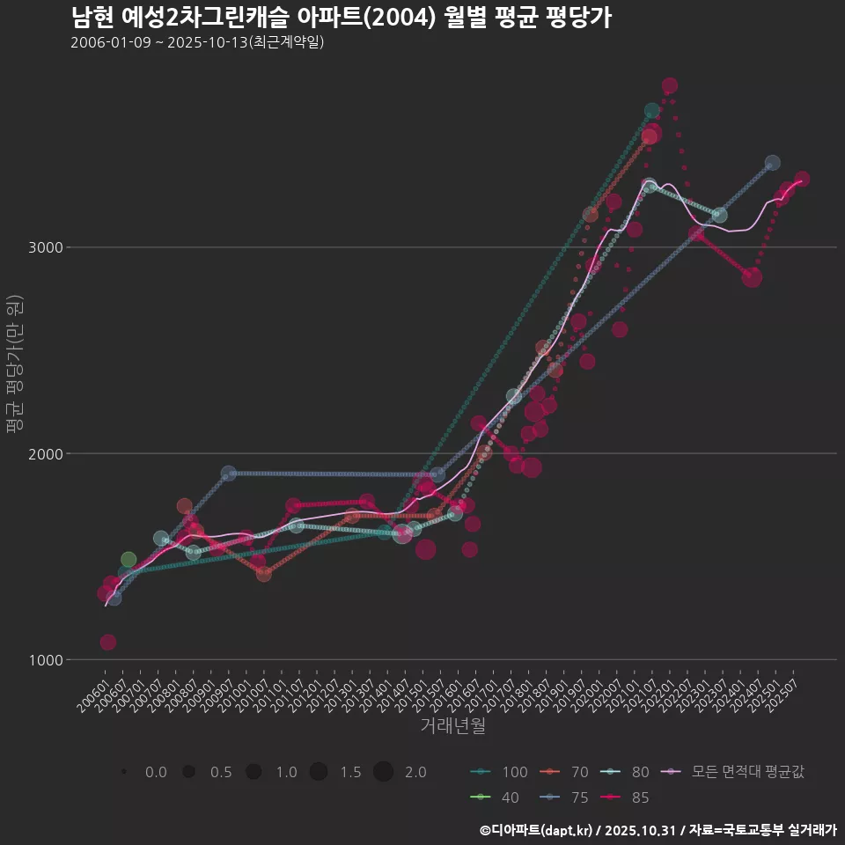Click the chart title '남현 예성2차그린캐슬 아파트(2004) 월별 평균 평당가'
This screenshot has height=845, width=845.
tap(341, 18)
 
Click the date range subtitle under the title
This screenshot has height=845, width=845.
tap(197, 42)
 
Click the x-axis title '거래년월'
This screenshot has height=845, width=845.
tap(452, 726)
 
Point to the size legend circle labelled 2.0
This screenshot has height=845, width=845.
tap(383, 773)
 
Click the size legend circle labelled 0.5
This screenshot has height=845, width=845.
tap(188, 773)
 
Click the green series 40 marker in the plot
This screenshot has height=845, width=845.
tap(129, 560)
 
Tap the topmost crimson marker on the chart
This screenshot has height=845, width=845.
tap(670, 86)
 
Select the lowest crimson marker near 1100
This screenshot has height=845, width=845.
tap(107, 643)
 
